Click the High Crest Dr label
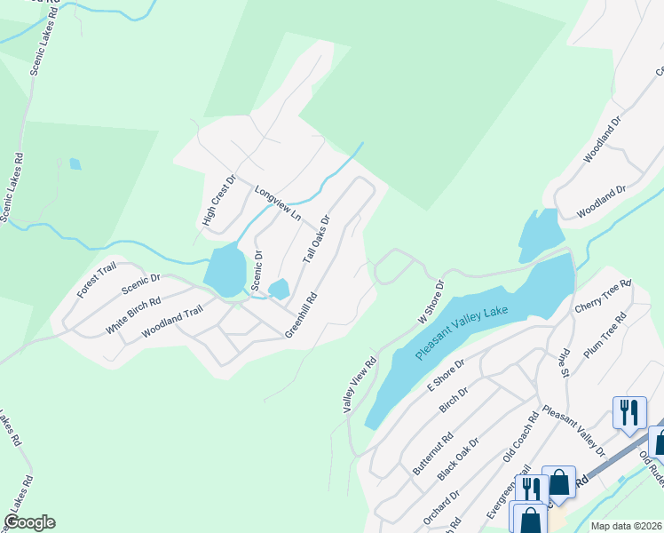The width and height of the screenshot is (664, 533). point(218,201)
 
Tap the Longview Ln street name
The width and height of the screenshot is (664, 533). point(279,203)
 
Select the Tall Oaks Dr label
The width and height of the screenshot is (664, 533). point(316,238)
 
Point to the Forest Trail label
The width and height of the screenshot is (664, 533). point(97,279)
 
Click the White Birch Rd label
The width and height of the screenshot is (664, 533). point(133,314)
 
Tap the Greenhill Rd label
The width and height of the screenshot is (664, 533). point(301,316)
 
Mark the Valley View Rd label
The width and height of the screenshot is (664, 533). point(360,384)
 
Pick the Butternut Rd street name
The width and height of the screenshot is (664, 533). point(433,453)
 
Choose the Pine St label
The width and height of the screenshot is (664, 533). point(563,362)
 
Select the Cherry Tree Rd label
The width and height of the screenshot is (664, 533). point(602,298)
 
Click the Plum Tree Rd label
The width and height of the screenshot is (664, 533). point(607,338)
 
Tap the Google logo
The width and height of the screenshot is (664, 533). point(29,522)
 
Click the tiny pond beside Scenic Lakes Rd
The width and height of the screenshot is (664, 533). point(75,163)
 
